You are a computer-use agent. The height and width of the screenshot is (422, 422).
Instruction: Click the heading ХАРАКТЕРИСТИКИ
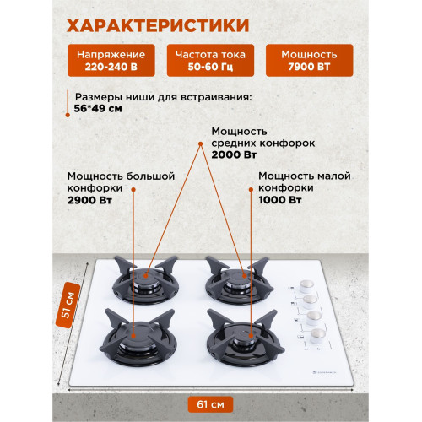[x=158, y=25]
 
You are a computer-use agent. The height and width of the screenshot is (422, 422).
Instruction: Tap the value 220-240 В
[x=111, y=67]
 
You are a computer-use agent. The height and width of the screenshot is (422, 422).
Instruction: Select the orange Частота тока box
[x=210, y=60]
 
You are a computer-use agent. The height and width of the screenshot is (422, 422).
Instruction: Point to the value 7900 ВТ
[x=309, y=67]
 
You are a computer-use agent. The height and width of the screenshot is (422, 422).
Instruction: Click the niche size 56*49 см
[x=98, y=109]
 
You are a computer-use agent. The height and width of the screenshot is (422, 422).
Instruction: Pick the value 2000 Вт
[x=234, y=154]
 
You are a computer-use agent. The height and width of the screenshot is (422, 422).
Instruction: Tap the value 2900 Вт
[x=89, y=200]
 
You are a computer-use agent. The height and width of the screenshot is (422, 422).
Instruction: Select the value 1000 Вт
[x=280, y=200]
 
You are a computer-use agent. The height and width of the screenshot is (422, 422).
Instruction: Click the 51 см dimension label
[x=68, y=306]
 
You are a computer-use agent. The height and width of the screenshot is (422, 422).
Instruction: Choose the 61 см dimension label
[x=210, y=404]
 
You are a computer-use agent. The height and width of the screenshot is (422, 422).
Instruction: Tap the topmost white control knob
[x=306, y=286]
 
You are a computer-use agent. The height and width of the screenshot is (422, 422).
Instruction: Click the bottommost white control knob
[x=318, y=336]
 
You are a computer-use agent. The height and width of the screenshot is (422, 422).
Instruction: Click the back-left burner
[x=146, y=281]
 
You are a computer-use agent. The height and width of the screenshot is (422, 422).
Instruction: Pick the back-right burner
[x=239, y=281]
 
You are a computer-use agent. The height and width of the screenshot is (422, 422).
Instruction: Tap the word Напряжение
[x=111, y=55]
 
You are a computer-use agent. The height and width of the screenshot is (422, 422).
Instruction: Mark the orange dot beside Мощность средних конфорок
[x=201, y=143]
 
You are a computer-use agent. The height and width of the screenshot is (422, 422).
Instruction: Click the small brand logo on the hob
[x=325, y=373]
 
